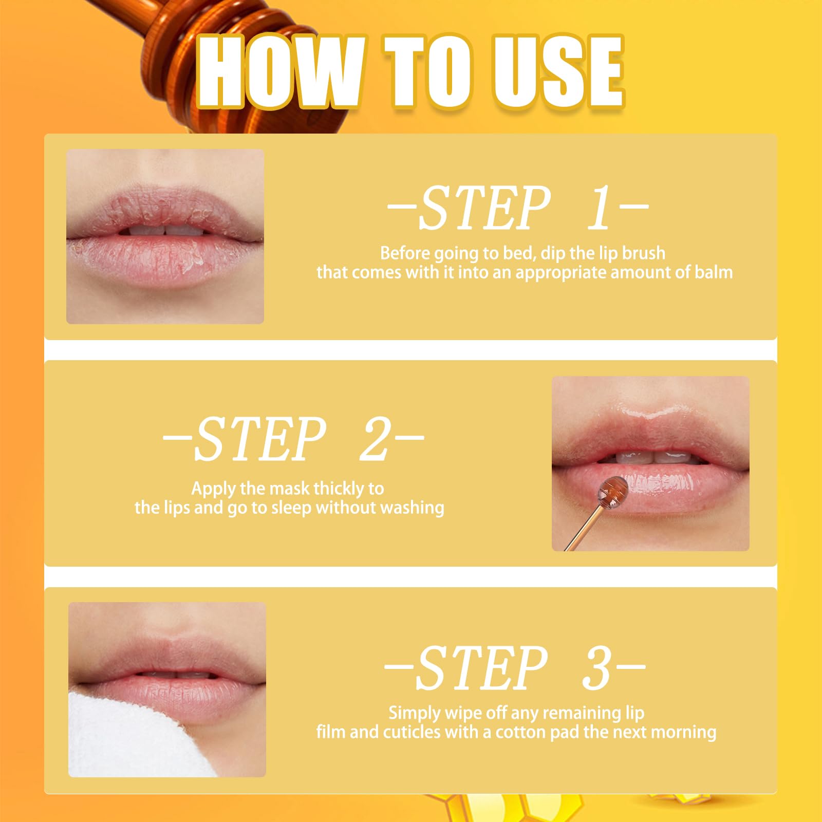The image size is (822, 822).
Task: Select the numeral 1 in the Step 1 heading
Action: point(600,208)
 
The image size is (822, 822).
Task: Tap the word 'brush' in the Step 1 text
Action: point(644,253)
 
